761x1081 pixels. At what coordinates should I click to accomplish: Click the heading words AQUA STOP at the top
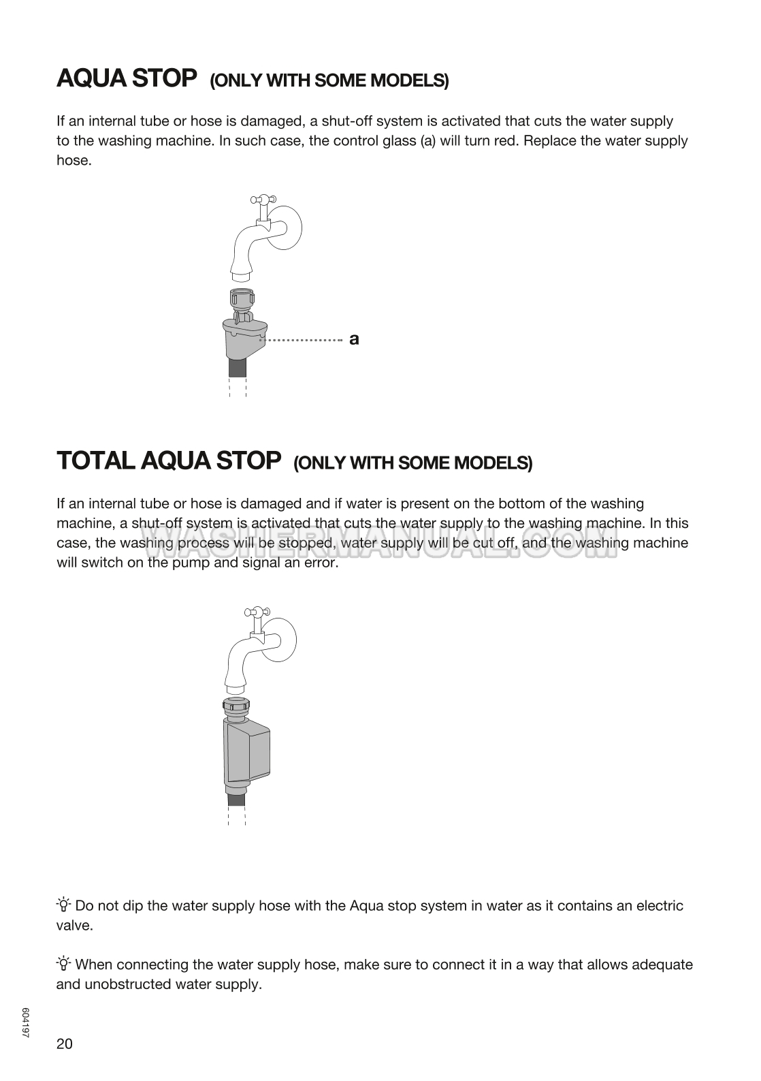point(127,78)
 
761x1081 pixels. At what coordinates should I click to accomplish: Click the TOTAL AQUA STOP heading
point(168,460)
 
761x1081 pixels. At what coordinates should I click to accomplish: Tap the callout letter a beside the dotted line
point(353,339)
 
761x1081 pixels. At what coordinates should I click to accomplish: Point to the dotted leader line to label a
point(304,339)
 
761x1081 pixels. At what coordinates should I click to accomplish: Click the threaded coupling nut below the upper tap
point(240,299)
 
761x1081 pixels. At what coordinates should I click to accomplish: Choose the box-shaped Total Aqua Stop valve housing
point(246,753)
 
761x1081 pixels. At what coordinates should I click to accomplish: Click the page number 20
point(64,1044)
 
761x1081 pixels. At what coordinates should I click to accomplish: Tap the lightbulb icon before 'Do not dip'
point(64,905)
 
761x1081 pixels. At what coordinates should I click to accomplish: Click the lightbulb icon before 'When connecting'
point(64,964)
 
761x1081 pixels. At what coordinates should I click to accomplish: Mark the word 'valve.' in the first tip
point(74,925)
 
